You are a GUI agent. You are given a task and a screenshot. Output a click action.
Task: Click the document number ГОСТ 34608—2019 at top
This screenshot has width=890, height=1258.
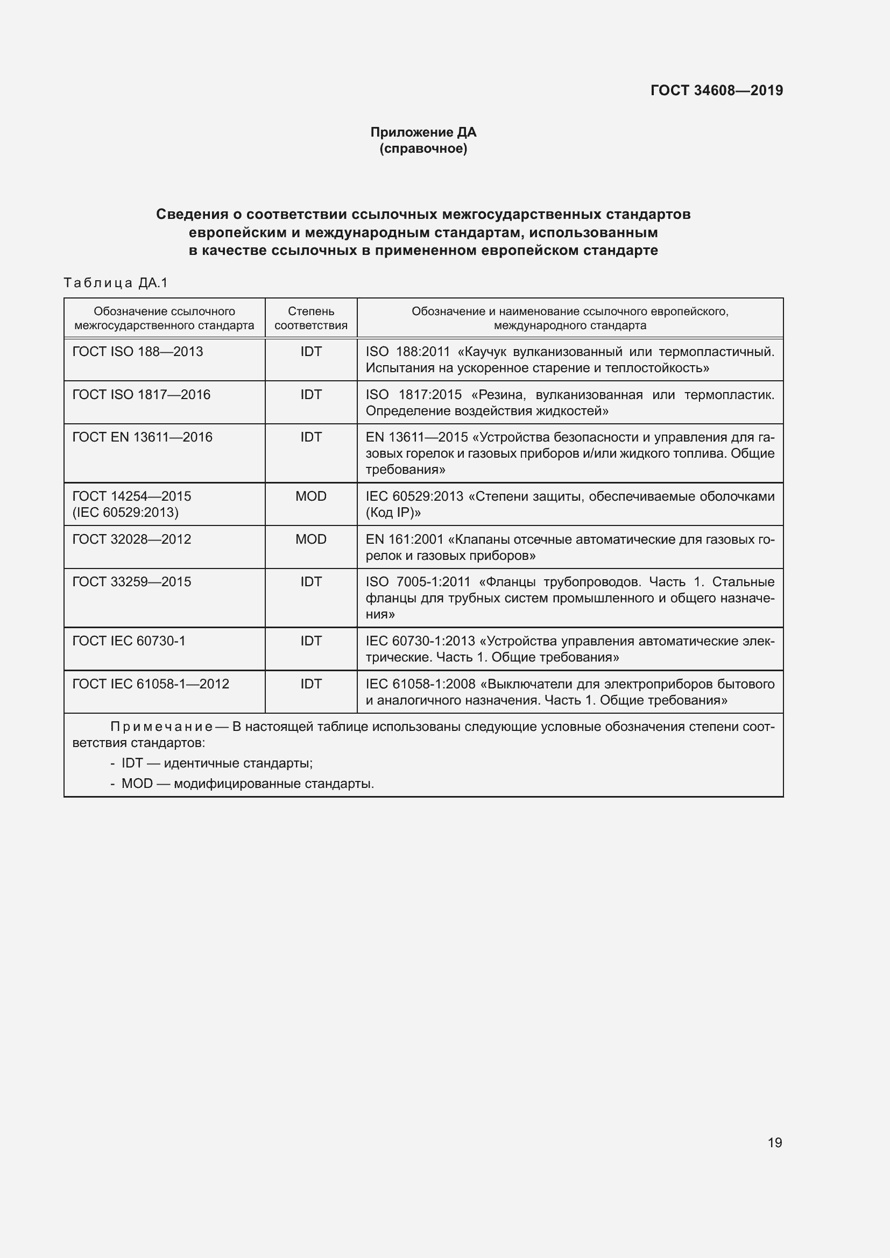[716, 90]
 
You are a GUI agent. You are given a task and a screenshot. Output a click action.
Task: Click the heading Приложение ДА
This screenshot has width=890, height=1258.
[423, 132]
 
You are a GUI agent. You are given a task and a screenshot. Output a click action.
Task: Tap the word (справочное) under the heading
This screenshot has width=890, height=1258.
[423, 148]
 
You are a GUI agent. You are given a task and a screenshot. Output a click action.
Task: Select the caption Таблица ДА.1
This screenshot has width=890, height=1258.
[116, 283]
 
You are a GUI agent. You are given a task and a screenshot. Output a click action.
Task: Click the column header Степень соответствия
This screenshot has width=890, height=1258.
[310, 318]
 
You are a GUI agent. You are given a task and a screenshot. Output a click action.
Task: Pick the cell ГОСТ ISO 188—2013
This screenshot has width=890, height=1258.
[138, 352]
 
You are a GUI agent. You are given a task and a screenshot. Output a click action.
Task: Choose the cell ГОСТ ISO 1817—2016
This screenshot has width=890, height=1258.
[142, 394]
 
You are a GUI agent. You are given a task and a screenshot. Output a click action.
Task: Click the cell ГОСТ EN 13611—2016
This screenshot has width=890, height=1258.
[143, 437]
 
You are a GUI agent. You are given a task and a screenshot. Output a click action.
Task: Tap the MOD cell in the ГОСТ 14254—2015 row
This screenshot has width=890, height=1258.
[310, 496]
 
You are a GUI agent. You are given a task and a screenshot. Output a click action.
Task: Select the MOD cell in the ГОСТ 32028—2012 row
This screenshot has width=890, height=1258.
[310, 539]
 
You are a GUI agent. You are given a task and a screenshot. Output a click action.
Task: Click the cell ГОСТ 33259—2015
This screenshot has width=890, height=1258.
[132, 582]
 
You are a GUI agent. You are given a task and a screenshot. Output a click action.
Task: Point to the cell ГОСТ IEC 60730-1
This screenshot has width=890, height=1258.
[129, 641]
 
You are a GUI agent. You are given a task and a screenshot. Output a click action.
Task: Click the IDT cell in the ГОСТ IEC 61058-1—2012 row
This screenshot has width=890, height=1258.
[310, 684]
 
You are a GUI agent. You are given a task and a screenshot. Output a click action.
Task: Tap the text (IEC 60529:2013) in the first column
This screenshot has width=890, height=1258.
[125, 513]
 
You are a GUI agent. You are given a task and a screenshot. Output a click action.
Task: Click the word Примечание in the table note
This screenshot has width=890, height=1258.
[161, 727]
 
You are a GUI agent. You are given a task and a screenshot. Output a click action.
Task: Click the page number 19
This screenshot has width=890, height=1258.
[774, 1142]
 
